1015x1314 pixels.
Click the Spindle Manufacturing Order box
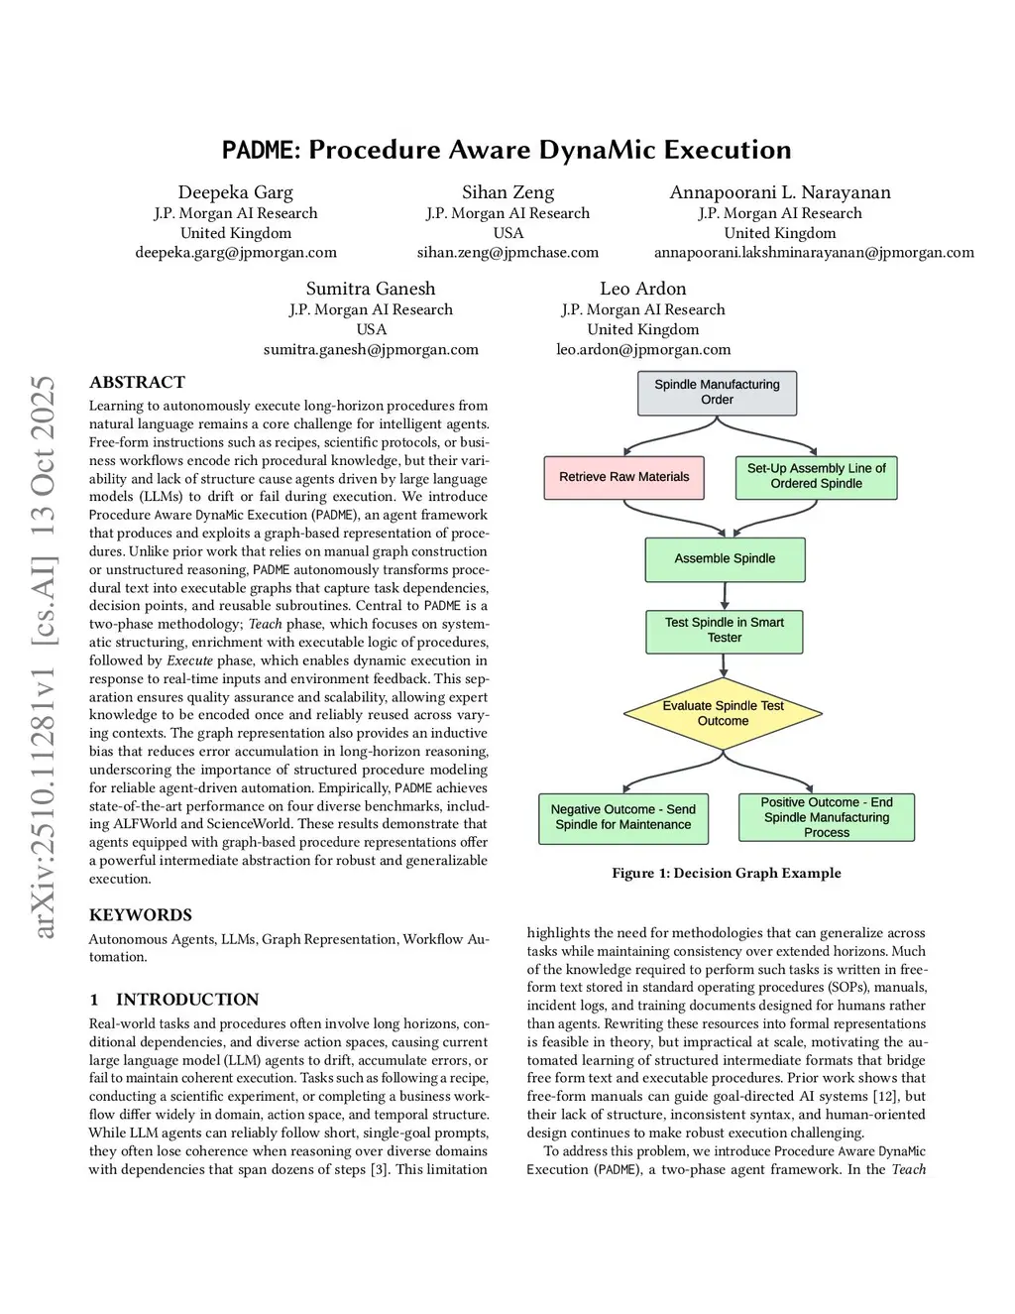(x=717, y=392)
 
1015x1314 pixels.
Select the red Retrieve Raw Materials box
(x=623, y=477)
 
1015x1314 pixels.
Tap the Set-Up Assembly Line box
(x=816, y=476)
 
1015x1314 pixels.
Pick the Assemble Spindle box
(x=725, y=559)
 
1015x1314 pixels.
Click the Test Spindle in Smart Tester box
(x=725, y=631)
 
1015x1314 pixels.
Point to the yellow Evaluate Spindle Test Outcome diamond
(x=723, y=713)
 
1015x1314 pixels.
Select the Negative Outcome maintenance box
(x=622, y=817)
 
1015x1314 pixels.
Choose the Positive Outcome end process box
(x=826, y=817)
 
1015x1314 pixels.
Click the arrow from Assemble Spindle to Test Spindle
(x=725, y=596)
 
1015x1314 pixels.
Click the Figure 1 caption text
(x=726, y=873)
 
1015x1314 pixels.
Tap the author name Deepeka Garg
(x=236, y=192)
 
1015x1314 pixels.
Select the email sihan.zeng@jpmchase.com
(x=507, y=252)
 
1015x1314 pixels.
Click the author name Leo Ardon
(x=642, y=289)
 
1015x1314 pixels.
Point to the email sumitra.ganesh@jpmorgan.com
(x=371, y=349)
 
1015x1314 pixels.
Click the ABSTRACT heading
(x=137, y=382)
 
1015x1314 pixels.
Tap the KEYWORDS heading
(x=141, y=914)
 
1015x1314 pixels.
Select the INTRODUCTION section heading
(x=186, y=999)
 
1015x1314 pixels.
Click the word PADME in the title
(x=259, y=150)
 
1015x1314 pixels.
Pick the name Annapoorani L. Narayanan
(x=780, y=192)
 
